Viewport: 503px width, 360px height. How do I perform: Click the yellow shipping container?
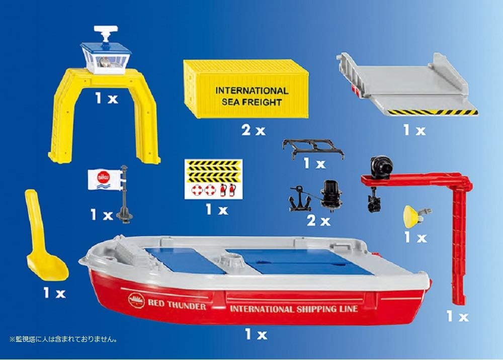coord(246,88)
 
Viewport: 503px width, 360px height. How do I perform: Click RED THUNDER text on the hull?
coord(176,305)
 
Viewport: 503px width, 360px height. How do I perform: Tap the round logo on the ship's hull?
coord(136,301)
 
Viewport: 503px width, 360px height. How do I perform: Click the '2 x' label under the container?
coord(253,131)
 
